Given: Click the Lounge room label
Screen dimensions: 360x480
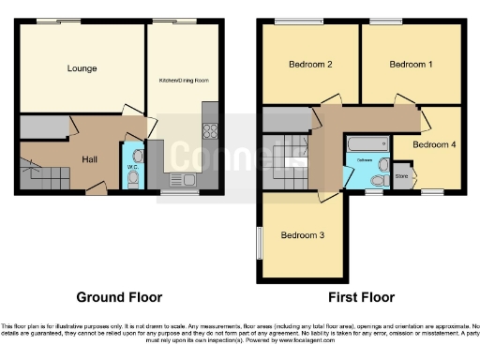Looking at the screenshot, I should pos(82,68).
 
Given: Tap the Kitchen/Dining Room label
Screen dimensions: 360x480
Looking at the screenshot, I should pos(185,82).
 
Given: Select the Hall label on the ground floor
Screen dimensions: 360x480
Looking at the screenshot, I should pos(89,160).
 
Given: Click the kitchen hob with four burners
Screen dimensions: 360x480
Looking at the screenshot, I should pos(210,135).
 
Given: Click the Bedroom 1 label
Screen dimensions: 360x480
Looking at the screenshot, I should pos(411,65).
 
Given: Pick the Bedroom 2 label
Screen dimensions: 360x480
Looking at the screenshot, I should pos(311,65).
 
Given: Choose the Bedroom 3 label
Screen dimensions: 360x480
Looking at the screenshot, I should pos(303,235).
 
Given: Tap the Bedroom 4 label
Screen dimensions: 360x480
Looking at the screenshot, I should pos(434,145).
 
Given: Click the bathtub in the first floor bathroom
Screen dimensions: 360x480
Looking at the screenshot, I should pos(367,144).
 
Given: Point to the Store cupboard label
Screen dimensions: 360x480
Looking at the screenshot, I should pos(402,175).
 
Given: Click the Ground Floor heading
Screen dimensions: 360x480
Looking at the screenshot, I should pos(119,297).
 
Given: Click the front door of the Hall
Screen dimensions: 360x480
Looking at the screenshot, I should pos(96,192).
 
